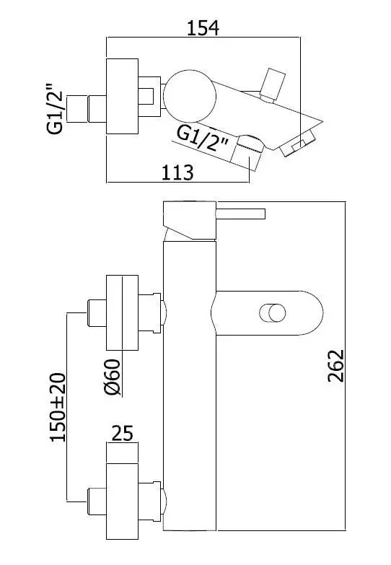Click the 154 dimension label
pos(203,28)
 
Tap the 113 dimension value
pos(177,172)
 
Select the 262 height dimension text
pos(336,365)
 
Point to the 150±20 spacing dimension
pos(58,407)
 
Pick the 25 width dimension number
pos(123,433)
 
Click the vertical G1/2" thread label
pos(55,109)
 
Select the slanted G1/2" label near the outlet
pos(203,140)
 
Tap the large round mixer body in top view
pos(190,96)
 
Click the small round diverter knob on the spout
pos(273,312)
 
